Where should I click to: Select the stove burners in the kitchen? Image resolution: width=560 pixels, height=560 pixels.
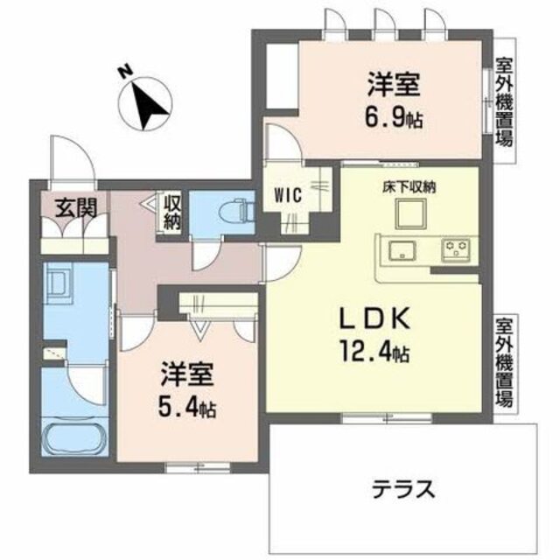(x=456, y=249)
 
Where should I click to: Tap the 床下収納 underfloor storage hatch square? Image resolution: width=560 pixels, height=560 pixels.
(x=407, y=213)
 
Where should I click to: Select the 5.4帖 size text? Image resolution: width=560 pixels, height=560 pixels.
(x=188, y=407)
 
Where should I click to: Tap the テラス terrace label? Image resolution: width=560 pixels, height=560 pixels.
(x=400, y=488)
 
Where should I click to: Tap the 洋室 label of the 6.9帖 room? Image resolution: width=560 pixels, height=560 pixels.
(x=394, y=86)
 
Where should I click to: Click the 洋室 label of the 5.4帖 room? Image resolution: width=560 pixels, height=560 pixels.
(x=186, y=376)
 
